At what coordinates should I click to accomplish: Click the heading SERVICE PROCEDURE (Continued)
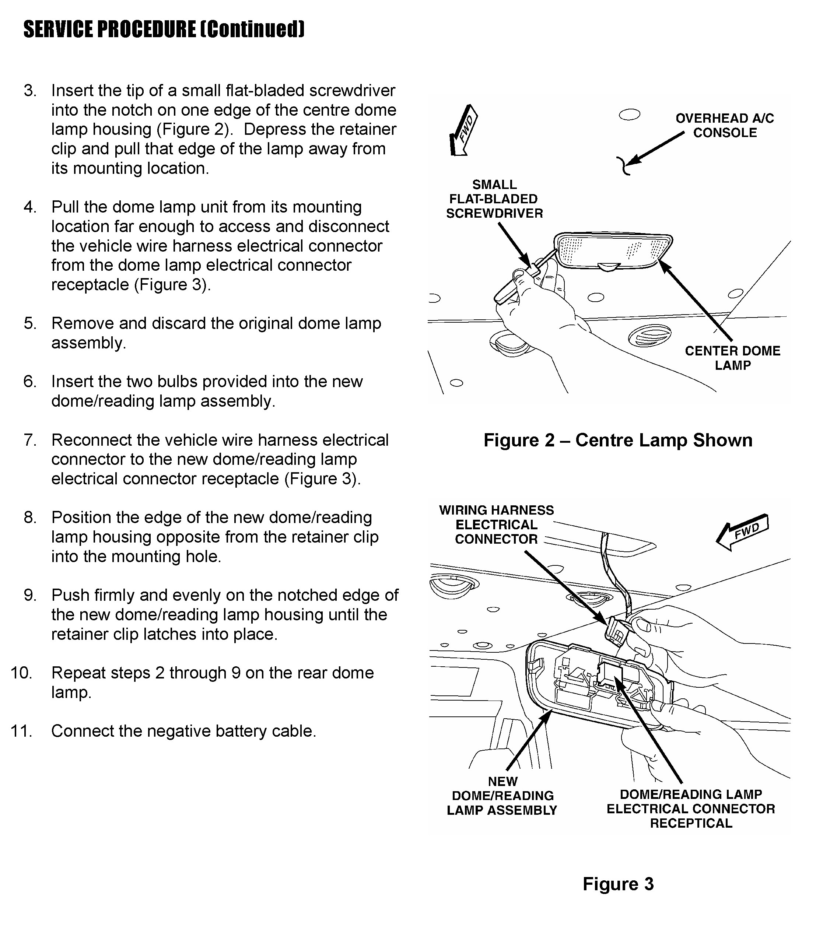pyautogui.click(x=164, y=29)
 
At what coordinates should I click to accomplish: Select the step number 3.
pyautogui.click(x=30, y=91)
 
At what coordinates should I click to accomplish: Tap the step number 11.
pyautogui.click(x=22, y=731)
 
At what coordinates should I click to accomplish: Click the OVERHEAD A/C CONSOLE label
pyautogui.click(x=724, y=125)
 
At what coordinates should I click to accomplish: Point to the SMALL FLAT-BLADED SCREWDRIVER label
pyautogui.click(x=494, y=199)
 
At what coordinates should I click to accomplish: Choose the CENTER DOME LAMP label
pyautogui.click(x=732, y=358)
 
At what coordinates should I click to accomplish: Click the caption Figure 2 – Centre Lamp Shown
pyautogui.click(x=618, y=440)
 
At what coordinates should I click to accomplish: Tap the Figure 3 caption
pyautogui.click(x=618, y=884)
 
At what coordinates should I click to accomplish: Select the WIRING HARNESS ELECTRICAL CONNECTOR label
pyautogui.click(x=496, y=525)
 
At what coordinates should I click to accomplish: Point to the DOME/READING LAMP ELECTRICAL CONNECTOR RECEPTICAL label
pyautogui.click(x=690, y=809)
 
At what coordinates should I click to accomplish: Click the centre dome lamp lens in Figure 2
pyautogui.click(x=612, y=250)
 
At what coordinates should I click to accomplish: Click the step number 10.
pyautogui.click(x=22, y=673)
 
